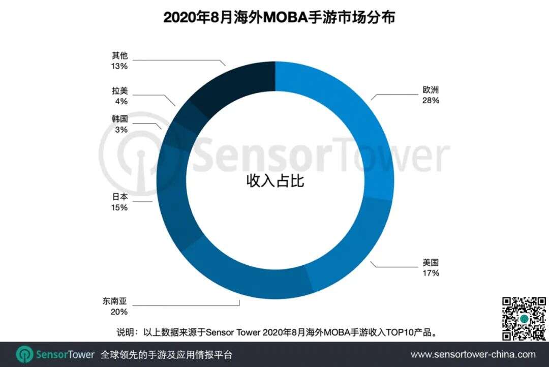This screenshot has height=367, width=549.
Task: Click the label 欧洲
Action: (430, 90)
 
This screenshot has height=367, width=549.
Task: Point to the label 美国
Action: (430, 263)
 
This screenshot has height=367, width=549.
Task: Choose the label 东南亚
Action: (114, 301)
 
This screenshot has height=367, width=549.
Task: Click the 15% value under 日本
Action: (119, 207)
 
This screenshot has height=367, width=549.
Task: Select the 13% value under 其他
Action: (119, 66)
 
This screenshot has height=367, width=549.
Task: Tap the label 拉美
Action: (119, 91)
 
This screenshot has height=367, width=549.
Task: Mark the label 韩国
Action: (119, 119)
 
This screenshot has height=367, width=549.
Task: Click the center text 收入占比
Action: (275, 180)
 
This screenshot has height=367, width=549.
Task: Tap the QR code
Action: (524, 319)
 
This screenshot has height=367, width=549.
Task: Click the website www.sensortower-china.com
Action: (473, 355)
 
